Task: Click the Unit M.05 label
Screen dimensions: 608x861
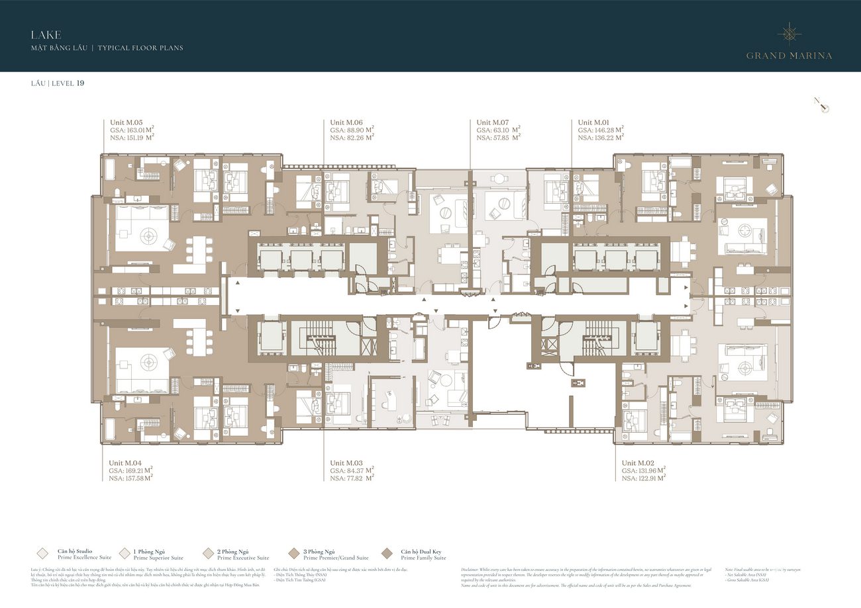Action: coord(126,122)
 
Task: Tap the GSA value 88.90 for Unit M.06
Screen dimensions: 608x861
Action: coord(358,130)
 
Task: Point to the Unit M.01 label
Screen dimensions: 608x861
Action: coord(594,122)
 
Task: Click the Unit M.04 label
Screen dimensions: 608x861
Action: coord(126,463)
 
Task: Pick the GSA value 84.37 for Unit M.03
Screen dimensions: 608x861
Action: coord(358,471)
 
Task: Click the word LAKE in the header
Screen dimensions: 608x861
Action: coord(46,34)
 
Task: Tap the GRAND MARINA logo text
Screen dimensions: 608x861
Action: coord(789,56)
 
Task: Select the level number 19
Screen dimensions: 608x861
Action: coord(80,83)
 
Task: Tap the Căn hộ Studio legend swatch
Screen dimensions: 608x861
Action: coord(44,554)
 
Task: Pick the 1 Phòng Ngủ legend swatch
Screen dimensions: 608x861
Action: coord(125,554)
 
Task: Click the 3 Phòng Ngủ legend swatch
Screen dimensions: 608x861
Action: coord(294,554)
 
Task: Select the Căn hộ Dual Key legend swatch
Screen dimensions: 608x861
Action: coord(387,554)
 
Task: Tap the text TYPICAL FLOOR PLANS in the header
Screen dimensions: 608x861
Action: coord(140,48)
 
